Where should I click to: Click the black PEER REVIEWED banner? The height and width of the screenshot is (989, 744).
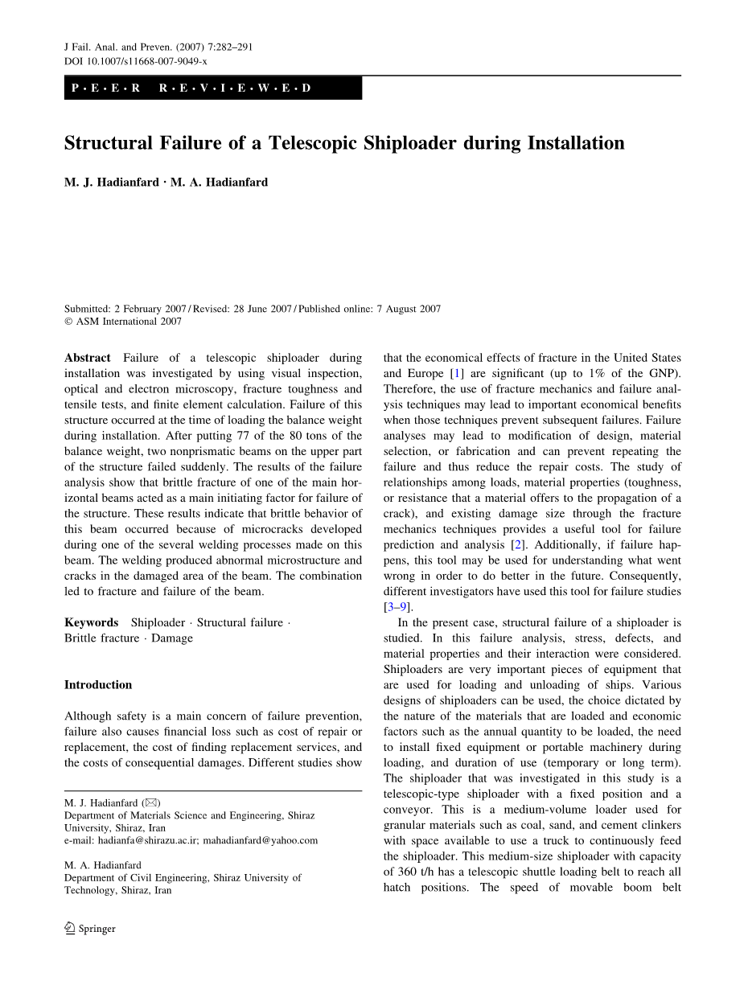click(x=213, y=88)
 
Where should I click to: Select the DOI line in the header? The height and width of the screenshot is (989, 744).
click(x=135, y=61)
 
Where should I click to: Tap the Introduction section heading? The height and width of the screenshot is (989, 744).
click(x=98, y=685)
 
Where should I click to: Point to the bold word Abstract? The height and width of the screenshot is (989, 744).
click(x=88, y=358)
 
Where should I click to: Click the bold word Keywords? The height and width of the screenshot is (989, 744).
click(x=91, y=622)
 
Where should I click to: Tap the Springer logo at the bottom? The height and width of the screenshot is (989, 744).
click(x=90, y=929)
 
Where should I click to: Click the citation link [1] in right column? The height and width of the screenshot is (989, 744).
click(x=458, y=373)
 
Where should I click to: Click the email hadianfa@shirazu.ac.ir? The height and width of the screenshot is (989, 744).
click(x=148, y=841)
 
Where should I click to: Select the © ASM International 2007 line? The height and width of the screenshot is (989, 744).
click(x=123, y=322)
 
